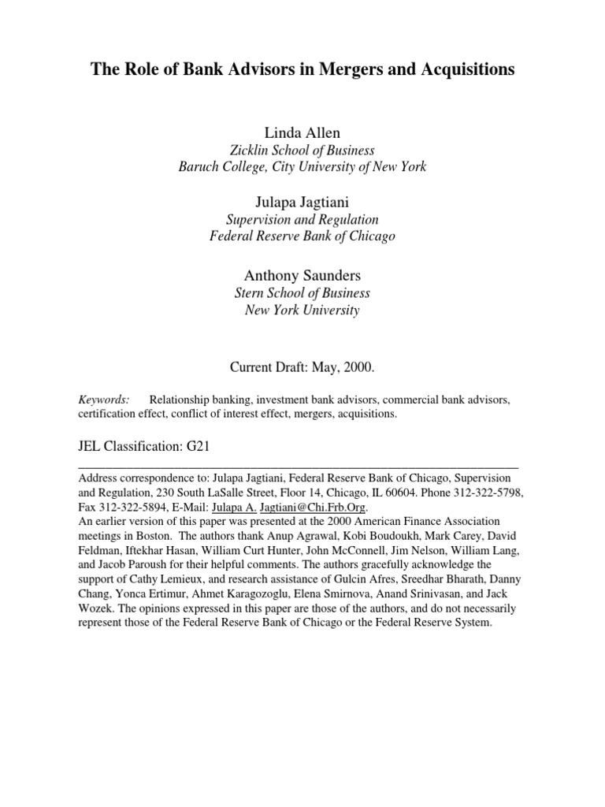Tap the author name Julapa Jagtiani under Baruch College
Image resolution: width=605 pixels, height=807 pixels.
click(302, 203)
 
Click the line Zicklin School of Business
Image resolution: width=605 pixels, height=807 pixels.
click(302, 149)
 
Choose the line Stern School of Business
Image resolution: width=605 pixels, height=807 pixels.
click(302, 293)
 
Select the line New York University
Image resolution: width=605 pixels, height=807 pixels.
click(302, 311)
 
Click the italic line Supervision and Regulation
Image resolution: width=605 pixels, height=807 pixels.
click(302, 220)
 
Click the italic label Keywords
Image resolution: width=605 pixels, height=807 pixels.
click(102, 400)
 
